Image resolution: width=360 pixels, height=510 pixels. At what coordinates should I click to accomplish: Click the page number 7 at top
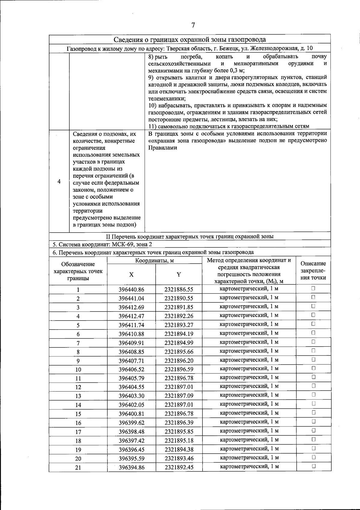click(x=193, y=25)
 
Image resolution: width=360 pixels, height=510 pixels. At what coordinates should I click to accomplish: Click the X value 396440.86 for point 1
click(x=131, y=290)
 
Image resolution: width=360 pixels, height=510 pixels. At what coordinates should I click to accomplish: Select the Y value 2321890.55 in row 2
click(x=179, y=298)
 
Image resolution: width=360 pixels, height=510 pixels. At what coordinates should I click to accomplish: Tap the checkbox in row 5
click(x=313, y=324)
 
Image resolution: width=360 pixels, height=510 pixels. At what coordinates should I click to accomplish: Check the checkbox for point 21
click(x=313, y=466)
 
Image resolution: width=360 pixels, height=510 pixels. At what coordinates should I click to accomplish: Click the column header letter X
click(x=131, y=275)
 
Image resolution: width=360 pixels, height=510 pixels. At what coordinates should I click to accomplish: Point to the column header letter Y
click(x=179, y=275)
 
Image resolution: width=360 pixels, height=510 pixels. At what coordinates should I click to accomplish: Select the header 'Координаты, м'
click(x=154, y=261)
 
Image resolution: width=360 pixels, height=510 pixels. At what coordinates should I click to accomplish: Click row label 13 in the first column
click(x=78, y=396)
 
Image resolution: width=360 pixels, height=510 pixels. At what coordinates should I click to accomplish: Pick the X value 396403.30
click(x=131, y=396)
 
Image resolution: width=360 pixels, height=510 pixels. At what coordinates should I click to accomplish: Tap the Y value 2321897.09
click(x=179, y=396)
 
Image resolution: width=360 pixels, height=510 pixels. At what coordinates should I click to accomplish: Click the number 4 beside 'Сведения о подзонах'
click(x=59, y=182)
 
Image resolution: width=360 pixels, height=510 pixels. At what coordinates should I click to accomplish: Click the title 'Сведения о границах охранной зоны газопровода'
click(x=190, y=40)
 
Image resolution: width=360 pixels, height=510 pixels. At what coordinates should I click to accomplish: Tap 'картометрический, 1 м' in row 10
click(x=249, y=368)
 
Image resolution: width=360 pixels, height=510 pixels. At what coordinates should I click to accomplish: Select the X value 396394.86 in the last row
click(x=131, y=467)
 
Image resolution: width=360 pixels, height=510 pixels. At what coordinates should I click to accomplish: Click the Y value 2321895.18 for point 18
click(x=179, y=441)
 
